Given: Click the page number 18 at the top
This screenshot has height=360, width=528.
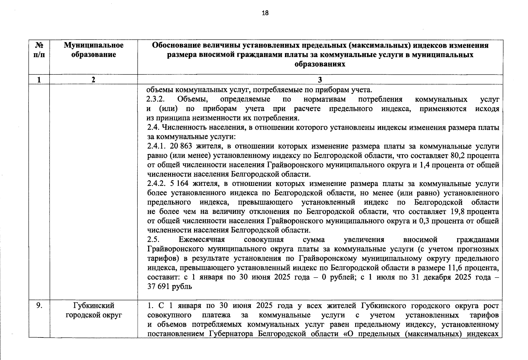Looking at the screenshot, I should pos(265,13).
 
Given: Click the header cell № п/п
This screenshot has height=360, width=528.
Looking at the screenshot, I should pos(39,50).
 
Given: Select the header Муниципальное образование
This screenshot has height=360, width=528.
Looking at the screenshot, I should pos(94,50).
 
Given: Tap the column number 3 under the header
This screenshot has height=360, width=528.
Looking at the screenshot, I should pos(320,80).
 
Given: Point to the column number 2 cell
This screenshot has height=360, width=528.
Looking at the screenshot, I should pos(93,80).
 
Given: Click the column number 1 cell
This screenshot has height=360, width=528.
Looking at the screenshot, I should pos(39,80).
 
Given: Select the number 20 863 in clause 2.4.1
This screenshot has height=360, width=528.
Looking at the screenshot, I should pos(181,146).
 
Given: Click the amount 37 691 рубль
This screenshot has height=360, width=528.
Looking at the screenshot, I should pos(169,286).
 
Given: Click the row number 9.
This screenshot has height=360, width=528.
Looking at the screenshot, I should pos(39,306).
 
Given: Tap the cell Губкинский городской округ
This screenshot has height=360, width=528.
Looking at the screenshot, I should pos(94,310).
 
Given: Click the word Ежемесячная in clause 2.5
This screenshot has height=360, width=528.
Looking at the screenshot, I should pos(202,240).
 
